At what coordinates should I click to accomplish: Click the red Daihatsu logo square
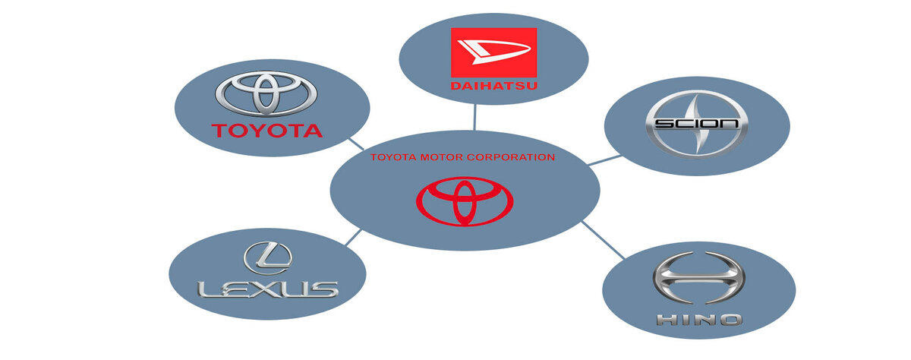pyautogui.click(x=493, y=60)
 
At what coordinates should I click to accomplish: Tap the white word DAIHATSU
pyautogui.click(x=493, y=85)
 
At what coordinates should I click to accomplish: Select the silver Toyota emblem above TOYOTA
pyautogui.click(x=265, y=93)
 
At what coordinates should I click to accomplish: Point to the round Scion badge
pyautogui.click(x=696, y=124)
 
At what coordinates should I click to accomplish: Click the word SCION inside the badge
pyautogui.click(x=696, y=124)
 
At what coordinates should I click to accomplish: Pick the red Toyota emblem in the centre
pyautogui.click(x=465, y=201)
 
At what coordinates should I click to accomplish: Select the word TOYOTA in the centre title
pyautogui.click(x=394, y=157)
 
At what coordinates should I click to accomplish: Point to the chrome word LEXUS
pyautogui.click(x=266, y=289)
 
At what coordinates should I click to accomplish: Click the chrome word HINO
pyautogui.click(x=699, y=319)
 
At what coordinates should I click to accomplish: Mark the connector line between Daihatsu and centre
pyautogui.click(x=474, y=116)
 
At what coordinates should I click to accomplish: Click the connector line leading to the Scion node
pyautogui.click(x=605, y=159)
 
